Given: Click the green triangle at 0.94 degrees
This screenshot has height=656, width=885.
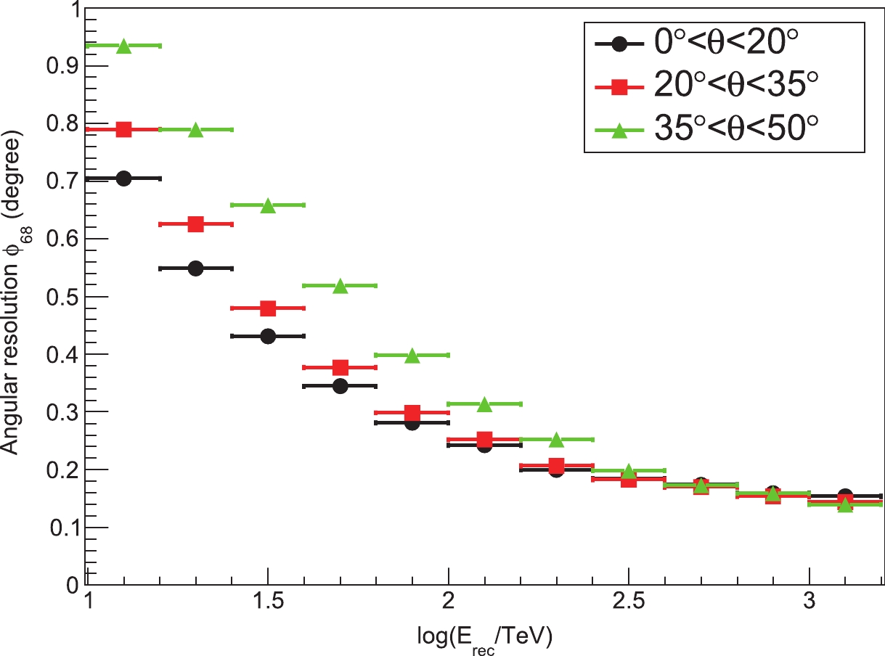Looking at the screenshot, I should pyautogui.click(x=123, y=46).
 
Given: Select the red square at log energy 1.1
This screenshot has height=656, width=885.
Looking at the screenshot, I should pyautogui.click(x=123, y=130).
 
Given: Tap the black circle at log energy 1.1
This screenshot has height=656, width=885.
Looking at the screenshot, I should pyautogui.click(x=123, y=179).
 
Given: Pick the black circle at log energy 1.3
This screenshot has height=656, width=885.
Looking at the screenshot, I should pyautogui.click(x=195, y=268).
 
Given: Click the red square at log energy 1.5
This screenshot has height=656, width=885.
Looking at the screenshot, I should pyautogui.click(x=268, y=308).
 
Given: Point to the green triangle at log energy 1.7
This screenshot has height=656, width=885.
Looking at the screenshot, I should pyautogui.click(x=340, y=286).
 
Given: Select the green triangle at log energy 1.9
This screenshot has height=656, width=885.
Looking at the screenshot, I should pyautogui.click(x=412, y=356).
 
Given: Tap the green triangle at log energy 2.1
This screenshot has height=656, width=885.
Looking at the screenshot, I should pyautogui.click(x=484, y=404).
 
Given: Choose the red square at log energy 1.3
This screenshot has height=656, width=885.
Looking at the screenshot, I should pyautogui.click(x=195, y=224).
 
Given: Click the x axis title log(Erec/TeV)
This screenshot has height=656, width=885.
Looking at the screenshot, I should pyautogui.click(x=485, y=636).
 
